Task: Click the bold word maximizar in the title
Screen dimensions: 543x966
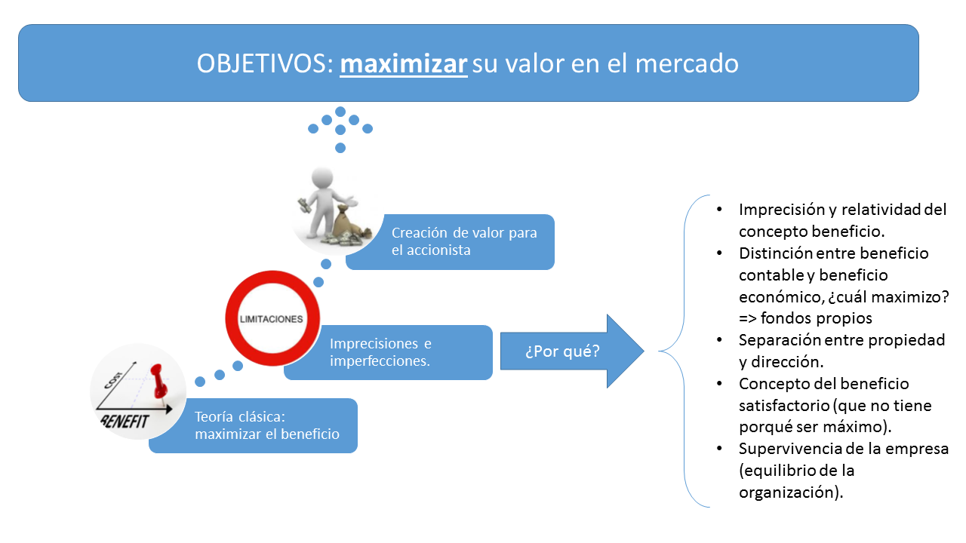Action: tap(404, 64)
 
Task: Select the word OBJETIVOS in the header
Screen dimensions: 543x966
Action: tap(260, 64)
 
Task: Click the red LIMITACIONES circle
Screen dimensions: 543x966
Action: tap(271, 319)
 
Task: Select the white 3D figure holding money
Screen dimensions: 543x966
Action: tap(324, 199)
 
